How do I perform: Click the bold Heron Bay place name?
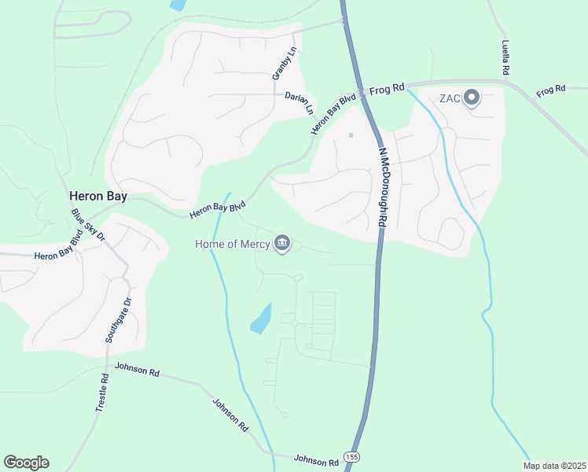(98, 197)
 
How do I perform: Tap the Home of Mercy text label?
(232, 244)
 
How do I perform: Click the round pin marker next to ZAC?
(472, 98)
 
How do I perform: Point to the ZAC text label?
(449, 98)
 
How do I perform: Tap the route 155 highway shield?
(352, 456)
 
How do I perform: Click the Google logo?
(26, 463)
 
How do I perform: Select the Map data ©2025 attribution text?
(554, 466)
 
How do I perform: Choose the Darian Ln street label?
(299, 102)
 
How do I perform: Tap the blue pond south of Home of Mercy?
(261, 319)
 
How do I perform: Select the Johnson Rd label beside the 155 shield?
(316, 459)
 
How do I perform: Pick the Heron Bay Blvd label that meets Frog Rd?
(333, 113)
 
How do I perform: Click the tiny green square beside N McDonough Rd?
(351, 135)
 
